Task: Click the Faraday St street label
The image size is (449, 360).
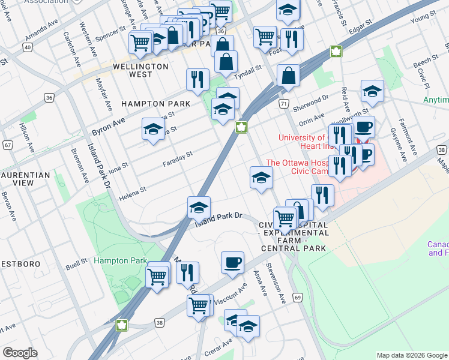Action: coord(177,158)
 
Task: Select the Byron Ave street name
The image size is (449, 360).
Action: coord(108,127)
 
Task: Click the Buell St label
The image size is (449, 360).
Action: coord(76,264)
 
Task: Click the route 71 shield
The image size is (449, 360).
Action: coord(283,104)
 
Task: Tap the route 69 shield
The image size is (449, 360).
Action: coord(297,297)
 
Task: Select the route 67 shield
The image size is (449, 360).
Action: coord(7,145)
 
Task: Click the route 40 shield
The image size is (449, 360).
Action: coord(28,46)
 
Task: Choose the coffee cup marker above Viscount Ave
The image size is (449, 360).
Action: coord(232,263)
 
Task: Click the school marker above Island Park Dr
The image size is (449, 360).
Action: coord(199,208)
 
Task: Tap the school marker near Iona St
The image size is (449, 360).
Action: coord(153,129)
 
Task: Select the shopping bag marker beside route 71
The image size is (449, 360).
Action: coord(288,76)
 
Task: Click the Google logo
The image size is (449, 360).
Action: coord(20,353)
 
